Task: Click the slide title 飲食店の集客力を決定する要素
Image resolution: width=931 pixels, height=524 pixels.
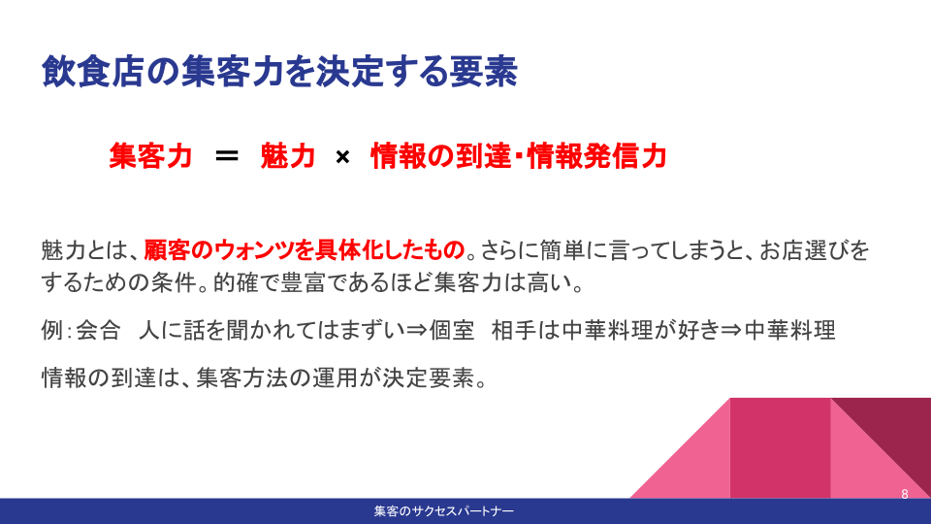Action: (279, 72)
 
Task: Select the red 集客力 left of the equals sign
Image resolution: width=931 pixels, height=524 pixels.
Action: (151, 156)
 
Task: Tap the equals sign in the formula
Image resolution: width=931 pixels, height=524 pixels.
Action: (226, 156)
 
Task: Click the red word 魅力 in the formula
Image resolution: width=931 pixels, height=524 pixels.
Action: (287, 156)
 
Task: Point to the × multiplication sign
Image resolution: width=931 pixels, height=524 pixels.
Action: (342, 157)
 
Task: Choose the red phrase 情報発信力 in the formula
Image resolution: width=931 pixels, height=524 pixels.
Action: (596, 156)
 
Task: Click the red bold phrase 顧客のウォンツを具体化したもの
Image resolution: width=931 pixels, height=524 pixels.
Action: (304, 250)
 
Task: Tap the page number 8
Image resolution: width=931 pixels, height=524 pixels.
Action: (904, 494)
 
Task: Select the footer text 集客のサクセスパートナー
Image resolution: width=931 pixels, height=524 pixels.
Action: (443, 511)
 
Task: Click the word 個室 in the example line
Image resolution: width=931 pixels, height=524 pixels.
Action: (452, 330)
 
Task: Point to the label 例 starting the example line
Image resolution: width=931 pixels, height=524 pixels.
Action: (52, 330)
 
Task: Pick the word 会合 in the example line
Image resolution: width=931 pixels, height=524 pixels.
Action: (99, 330)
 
